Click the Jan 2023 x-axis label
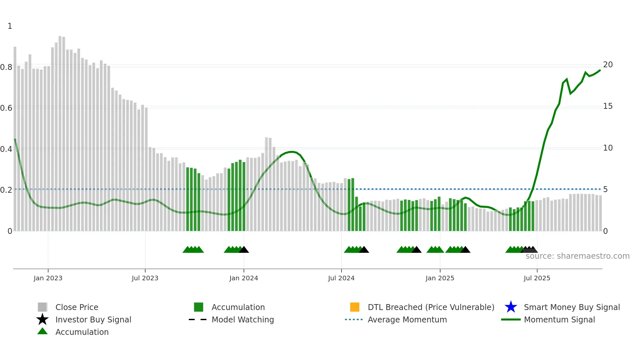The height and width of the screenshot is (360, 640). tap(48, 278)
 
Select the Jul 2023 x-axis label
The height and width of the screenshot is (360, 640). tap(145, 278)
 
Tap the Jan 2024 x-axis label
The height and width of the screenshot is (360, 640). tap(244, 278)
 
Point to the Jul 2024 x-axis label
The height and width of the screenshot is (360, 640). tap(341, 278)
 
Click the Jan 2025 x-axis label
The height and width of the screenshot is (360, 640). tap(440, 278)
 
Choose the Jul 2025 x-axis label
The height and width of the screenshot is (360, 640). tap(537, 278)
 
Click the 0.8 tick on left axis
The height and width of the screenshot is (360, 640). tap(6, 67)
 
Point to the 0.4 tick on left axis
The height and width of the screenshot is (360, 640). tap(6, 149)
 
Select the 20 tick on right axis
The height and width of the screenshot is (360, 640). tap(608, 65)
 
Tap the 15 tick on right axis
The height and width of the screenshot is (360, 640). tap(608, 106)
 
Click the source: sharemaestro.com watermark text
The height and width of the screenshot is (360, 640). tap(577, 256)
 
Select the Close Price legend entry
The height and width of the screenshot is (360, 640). tap(77, 307)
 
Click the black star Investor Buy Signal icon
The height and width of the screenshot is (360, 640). tap(42, 319)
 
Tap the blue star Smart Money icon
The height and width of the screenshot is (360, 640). tap(511, 307)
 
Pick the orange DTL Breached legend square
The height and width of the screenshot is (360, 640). tap(355, 307)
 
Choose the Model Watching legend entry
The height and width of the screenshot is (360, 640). tap(243, 320)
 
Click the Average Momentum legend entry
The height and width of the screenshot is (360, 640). tap(407, 320)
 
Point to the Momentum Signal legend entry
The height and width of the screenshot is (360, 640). tap(559, 320)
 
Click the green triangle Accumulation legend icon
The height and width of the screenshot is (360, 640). tap(42, 332)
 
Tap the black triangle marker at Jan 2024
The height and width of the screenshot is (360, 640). tap(244, 250)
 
